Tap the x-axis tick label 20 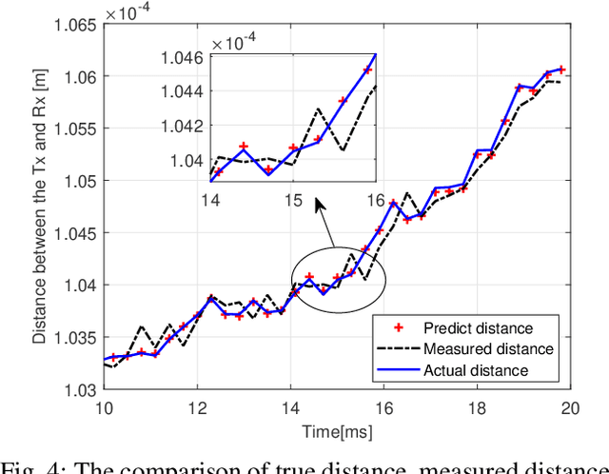(570, 408)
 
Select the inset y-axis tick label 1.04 (187, 159)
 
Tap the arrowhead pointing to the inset (321, 204)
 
